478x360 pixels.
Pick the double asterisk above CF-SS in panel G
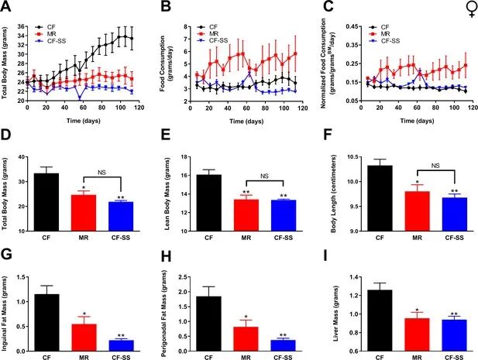point(119,335)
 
